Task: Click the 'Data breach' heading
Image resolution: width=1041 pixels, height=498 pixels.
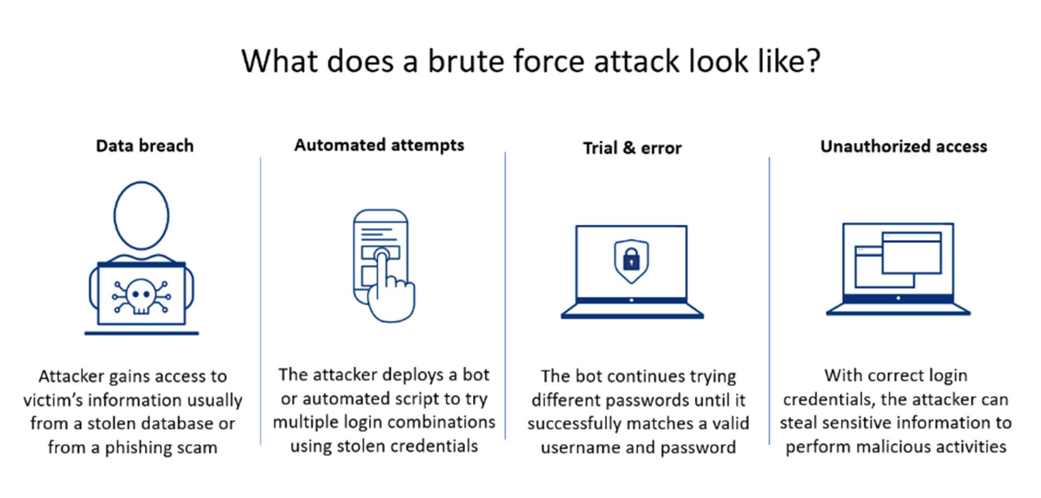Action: [145, 146]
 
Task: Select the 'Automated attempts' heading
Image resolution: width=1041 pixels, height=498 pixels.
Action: [379, 145]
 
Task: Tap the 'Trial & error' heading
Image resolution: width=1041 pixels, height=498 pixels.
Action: [632, 148]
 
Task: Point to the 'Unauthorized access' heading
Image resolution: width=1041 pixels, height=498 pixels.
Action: [903, 146]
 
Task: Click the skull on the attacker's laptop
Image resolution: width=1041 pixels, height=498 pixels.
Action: [141, 296]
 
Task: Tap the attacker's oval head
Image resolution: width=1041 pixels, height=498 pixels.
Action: [141, 215]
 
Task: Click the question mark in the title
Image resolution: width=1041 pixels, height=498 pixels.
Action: [812, 61]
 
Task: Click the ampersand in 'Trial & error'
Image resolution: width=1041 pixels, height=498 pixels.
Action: [629, 148]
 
